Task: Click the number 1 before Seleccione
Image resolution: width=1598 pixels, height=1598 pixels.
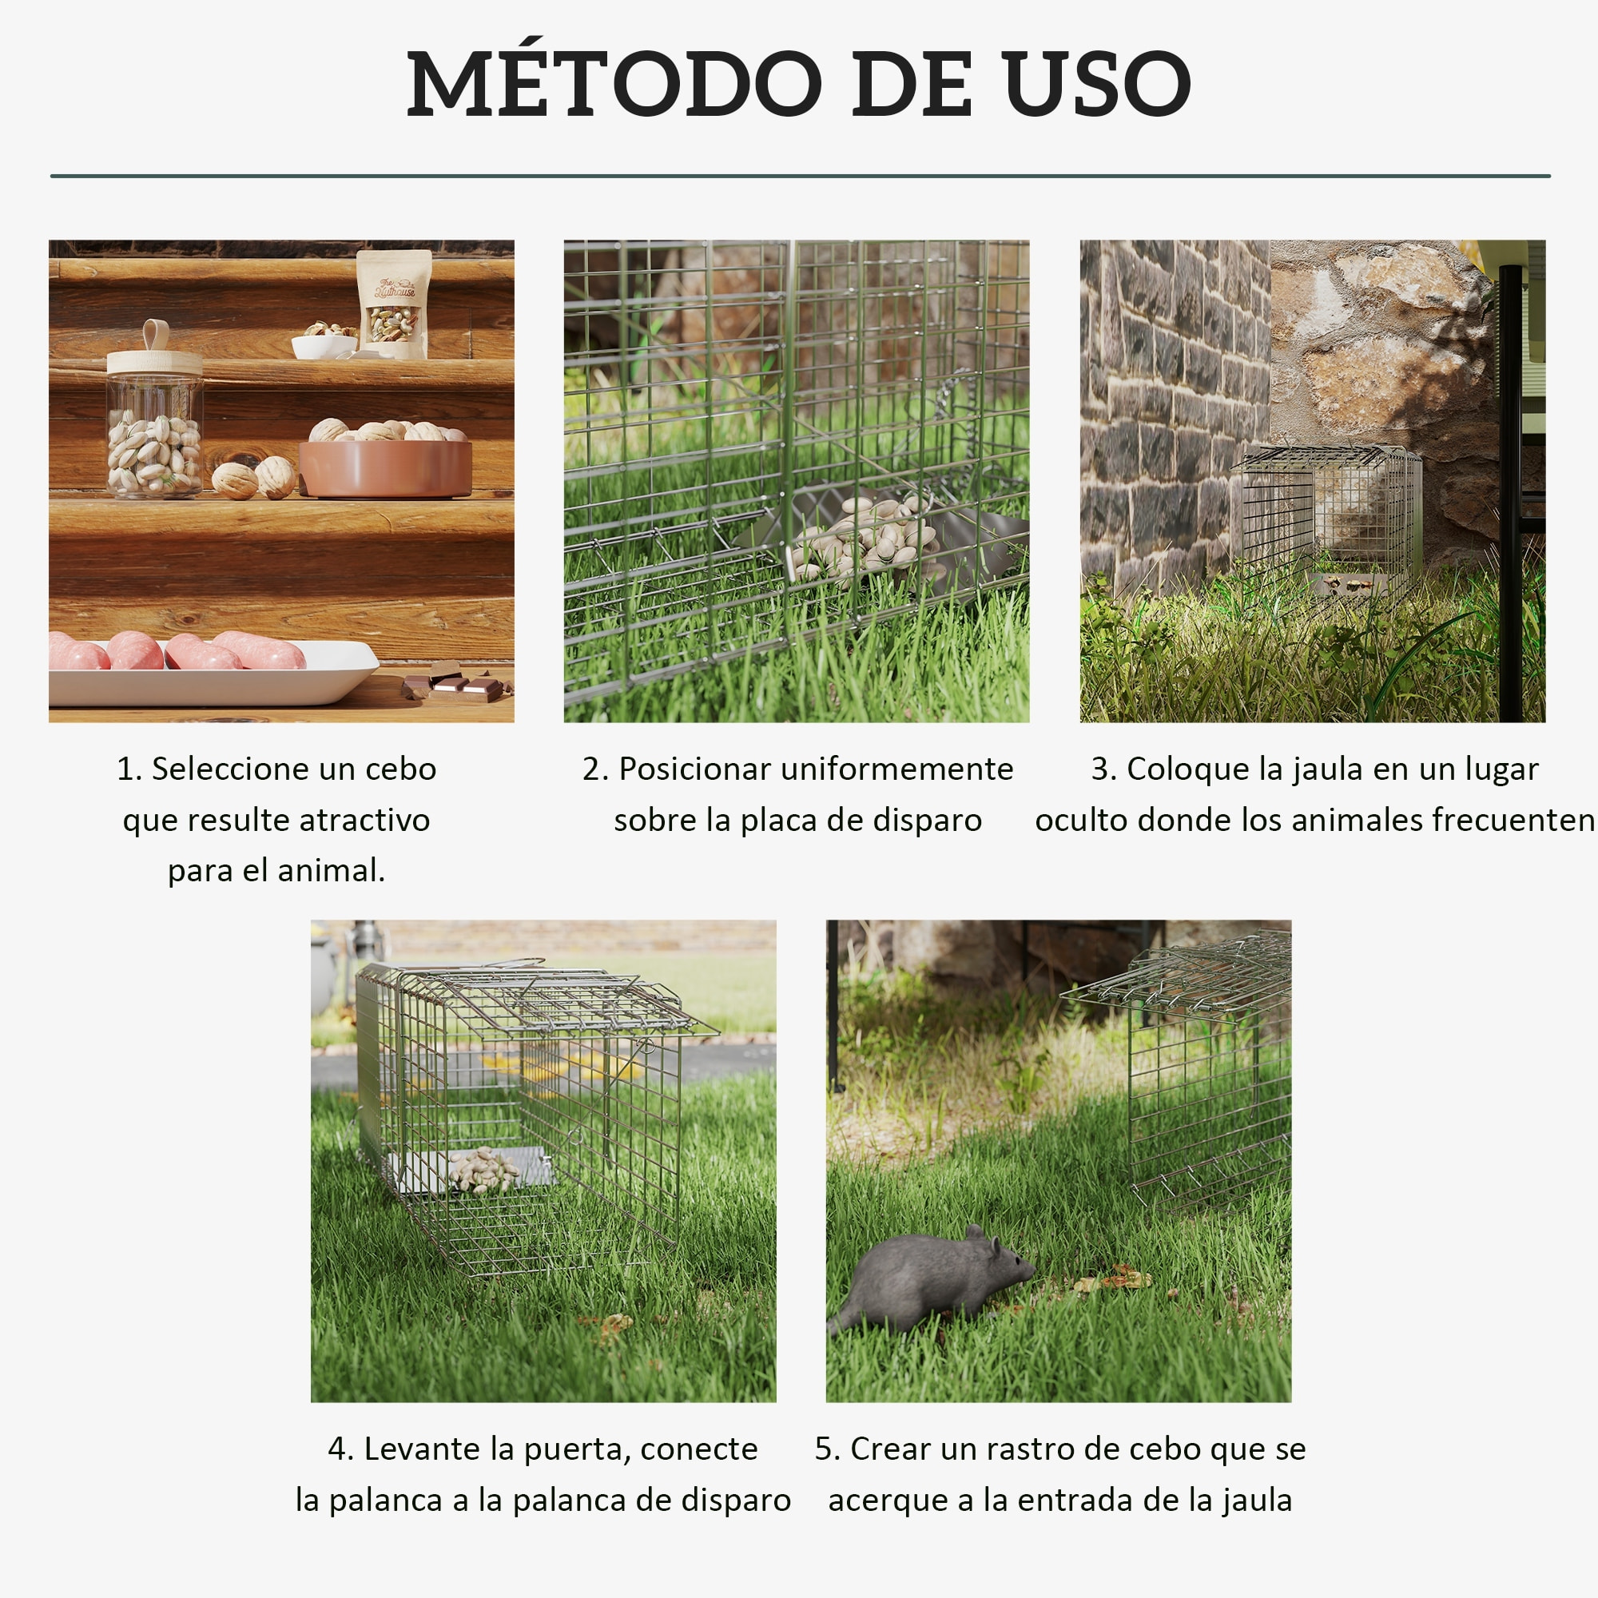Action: point(125,769)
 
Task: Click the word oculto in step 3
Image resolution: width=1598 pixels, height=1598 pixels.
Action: point(1081,821)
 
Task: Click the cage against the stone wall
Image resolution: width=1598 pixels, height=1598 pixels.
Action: point(1326,517)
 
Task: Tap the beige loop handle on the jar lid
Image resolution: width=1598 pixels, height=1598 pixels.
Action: point(156,334)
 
